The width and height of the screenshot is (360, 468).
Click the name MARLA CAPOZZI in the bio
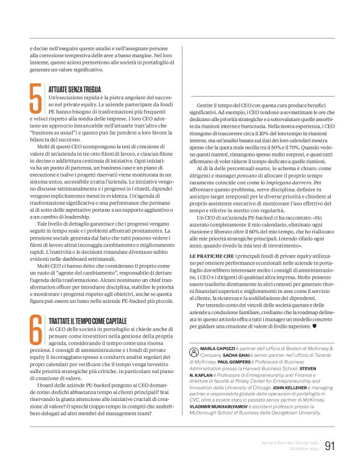pos(217,349)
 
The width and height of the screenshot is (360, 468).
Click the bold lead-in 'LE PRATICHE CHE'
pos(212,256)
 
